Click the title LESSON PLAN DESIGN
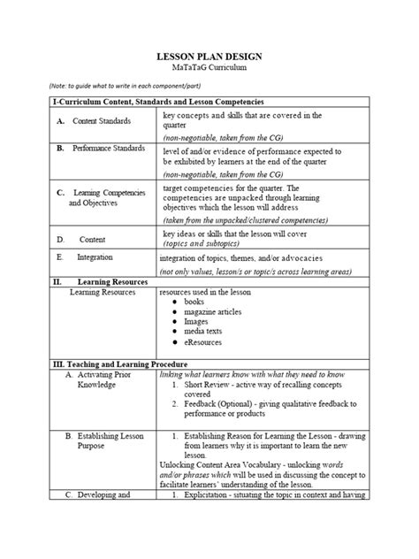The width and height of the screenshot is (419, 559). tap(209, 56)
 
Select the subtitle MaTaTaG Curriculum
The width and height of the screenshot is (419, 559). tap(209, 67)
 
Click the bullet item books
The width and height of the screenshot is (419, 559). tap(194, 302)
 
